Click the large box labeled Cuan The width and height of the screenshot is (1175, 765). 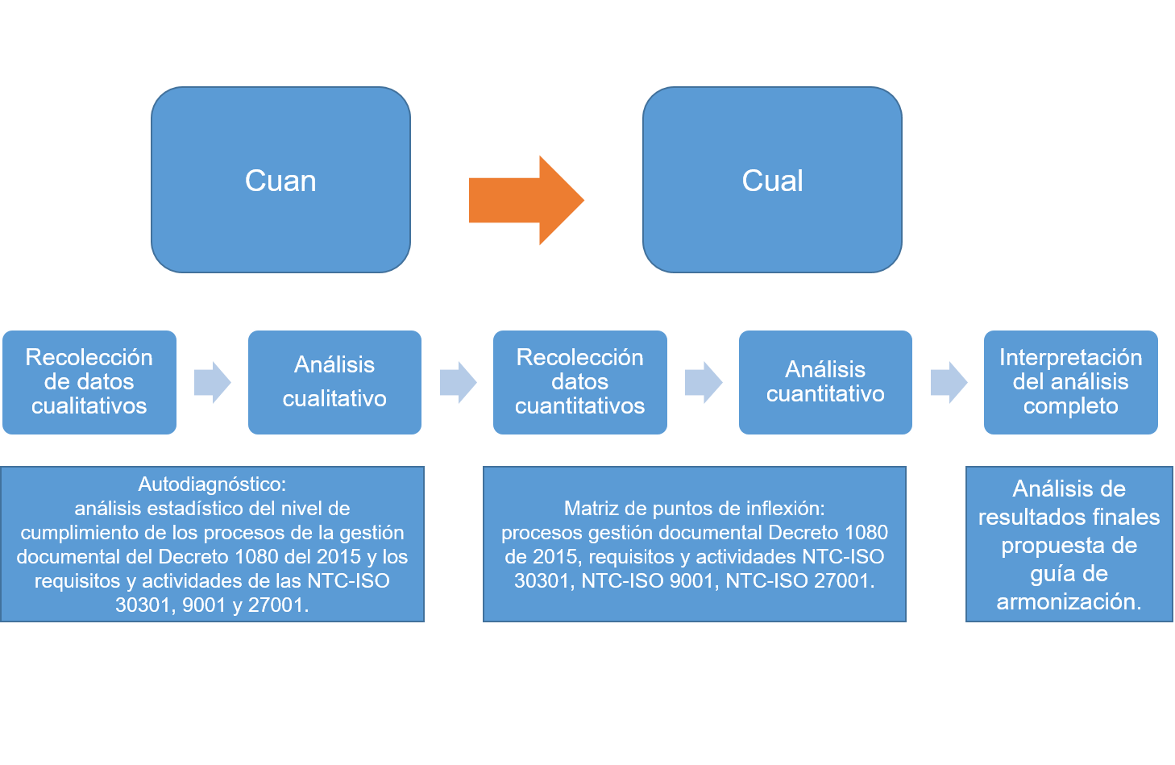click(280, 180)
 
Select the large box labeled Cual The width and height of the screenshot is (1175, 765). click(772, 180)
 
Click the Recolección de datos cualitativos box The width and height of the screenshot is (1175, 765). click(89, 382)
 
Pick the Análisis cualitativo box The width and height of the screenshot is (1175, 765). click(334, 382)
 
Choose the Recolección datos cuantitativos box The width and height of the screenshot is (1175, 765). click(580, 382)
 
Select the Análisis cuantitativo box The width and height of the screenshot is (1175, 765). click(825, 382)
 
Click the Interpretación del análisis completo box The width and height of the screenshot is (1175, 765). click(1070, 382)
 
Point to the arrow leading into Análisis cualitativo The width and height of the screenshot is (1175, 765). click(213, 382)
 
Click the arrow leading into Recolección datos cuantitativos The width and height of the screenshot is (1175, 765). click(458, 382)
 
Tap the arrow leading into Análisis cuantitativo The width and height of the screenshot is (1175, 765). click(704, 382)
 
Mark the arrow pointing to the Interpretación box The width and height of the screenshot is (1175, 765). click(949, 382)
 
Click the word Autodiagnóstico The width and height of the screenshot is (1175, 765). click(211, 484)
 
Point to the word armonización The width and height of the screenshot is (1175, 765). click(1069, 602)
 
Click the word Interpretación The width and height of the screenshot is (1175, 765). click(1070, 357)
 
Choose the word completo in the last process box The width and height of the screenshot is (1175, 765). click(1070, 406)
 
